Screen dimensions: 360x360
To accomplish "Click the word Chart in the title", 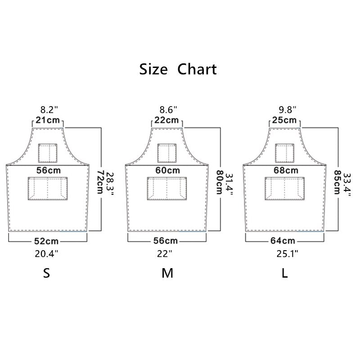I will coord(197,70).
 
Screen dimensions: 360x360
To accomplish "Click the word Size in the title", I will coord(153,70).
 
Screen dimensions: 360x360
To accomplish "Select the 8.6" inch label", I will coord(168,109).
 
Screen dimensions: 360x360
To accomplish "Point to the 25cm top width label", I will coord(285,120).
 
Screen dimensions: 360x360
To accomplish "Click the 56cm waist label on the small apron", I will coord(49,171).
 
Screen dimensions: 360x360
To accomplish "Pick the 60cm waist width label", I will coord(167,171).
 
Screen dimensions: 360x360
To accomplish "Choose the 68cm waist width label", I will coord(285,171).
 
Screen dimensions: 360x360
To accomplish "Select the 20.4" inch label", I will coord(47,254).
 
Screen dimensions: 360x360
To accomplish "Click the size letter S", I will coord(46,274).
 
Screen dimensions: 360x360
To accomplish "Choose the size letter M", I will coord(167,274).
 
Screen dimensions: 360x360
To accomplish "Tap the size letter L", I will coord(284,274).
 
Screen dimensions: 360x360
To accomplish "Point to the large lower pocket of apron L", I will coord(285,188).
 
